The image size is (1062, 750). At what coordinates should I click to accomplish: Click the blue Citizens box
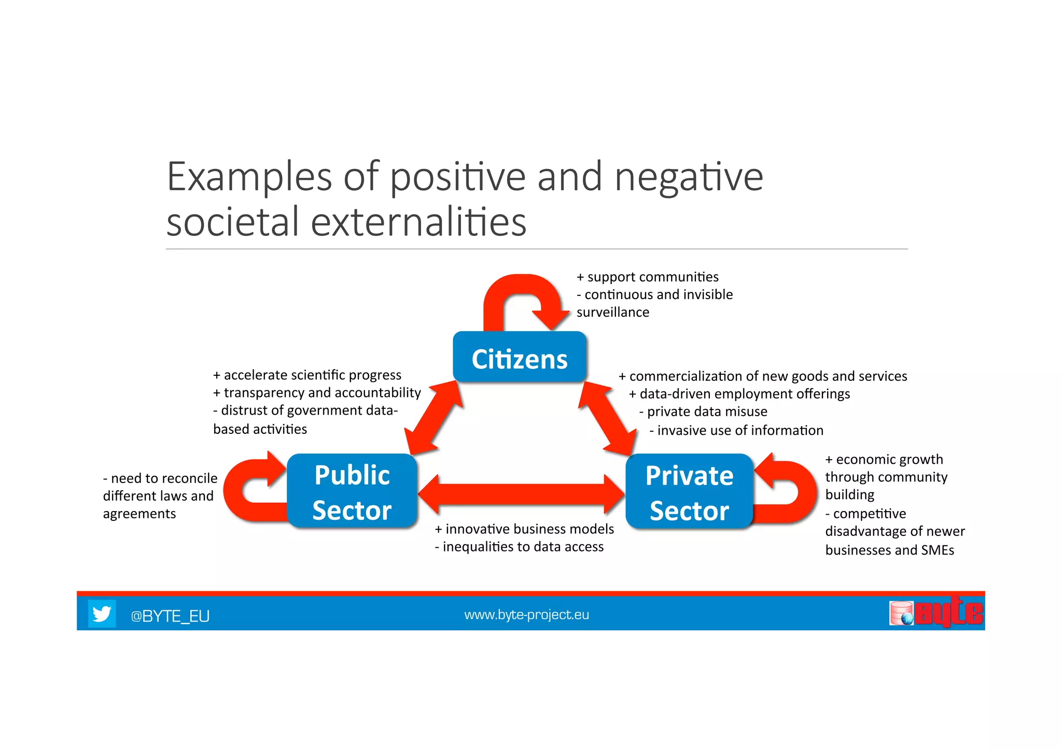click(520, 358)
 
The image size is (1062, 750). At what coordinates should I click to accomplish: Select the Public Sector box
click(352, 491)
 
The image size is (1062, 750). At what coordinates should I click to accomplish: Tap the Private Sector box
click(689, 492)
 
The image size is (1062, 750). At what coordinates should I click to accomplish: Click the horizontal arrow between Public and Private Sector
click(521, 494)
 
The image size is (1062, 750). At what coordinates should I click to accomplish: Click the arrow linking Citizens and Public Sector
click(433, 418)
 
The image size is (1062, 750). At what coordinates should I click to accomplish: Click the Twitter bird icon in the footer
click(102, 614)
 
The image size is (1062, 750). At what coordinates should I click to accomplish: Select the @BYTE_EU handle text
click(170, 616)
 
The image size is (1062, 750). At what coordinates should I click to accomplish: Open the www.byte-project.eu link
click(526, 615)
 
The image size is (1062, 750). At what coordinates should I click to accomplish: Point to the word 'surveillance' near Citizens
click(612, 313)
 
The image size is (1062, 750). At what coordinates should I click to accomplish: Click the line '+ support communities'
click(648, 277)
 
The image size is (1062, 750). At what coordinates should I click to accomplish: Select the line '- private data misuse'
click(703, 412)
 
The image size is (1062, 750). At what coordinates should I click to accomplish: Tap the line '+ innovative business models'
click(524, 529)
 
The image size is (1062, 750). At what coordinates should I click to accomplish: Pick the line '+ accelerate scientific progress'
click(308, 375)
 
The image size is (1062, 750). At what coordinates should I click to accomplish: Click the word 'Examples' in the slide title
click(249, 177)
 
